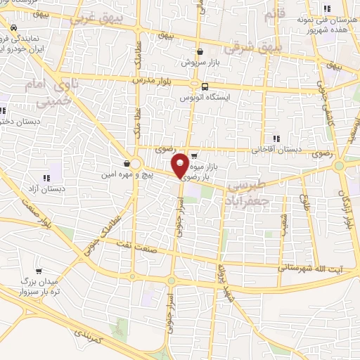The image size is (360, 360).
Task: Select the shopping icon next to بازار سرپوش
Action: click(200, 51)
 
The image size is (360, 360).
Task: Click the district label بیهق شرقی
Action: click(251, 49)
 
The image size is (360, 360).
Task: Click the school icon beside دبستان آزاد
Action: click(46, 178)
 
